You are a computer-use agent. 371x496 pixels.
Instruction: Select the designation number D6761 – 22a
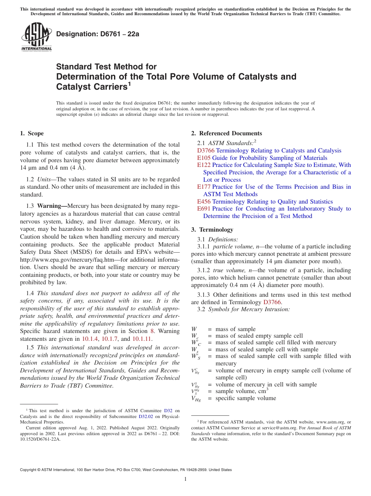click(x=98, y=34)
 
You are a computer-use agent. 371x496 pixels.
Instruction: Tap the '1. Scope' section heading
click(x=32, y=133)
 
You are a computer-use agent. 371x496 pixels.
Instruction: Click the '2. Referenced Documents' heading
click(x=226, y=133)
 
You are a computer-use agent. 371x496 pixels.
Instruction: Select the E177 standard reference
click(x=204, y=187)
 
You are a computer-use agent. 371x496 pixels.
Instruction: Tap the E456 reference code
click(x=204, y=202)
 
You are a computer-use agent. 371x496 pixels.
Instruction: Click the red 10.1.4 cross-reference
click(x=91, y=339)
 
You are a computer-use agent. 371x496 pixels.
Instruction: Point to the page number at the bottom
click(x=185, y=479)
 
